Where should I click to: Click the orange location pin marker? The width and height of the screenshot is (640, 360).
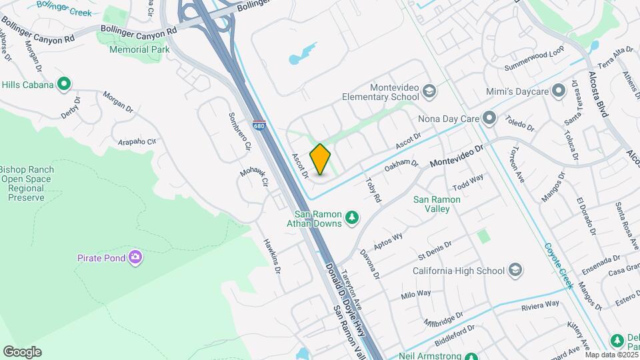click(x=321, y=159)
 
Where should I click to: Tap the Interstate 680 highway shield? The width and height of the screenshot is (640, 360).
click(x=259, y=125)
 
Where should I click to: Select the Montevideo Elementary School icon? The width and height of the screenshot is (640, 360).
click(x=429, y=91)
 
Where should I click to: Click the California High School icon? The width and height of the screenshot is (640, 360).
click(x=515, y=270)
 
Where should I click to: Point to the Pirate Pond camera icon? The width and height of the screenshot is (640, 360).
click(x=135, y=257)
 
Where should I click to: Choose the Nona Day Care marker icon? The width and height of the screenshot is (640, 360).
click(x=489, y=119)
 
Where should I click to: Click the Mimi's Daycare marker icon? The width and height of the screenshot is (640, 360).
click(x=557, y=89)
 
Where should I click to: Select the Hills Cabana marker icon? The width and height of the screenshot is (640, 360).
click(x=64, y=84)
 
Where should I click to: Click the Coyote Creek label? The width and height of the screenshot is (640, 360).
click(x=559, y=265)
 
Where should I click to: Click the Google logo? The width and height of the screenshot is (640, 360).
click(x=22, y=352)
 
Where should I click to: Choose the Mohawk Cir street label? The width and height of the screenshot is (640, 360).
click(x=253, y=176)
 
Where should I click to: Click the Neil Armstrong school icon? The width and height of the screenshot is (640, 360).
click(x=471, y=357)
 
